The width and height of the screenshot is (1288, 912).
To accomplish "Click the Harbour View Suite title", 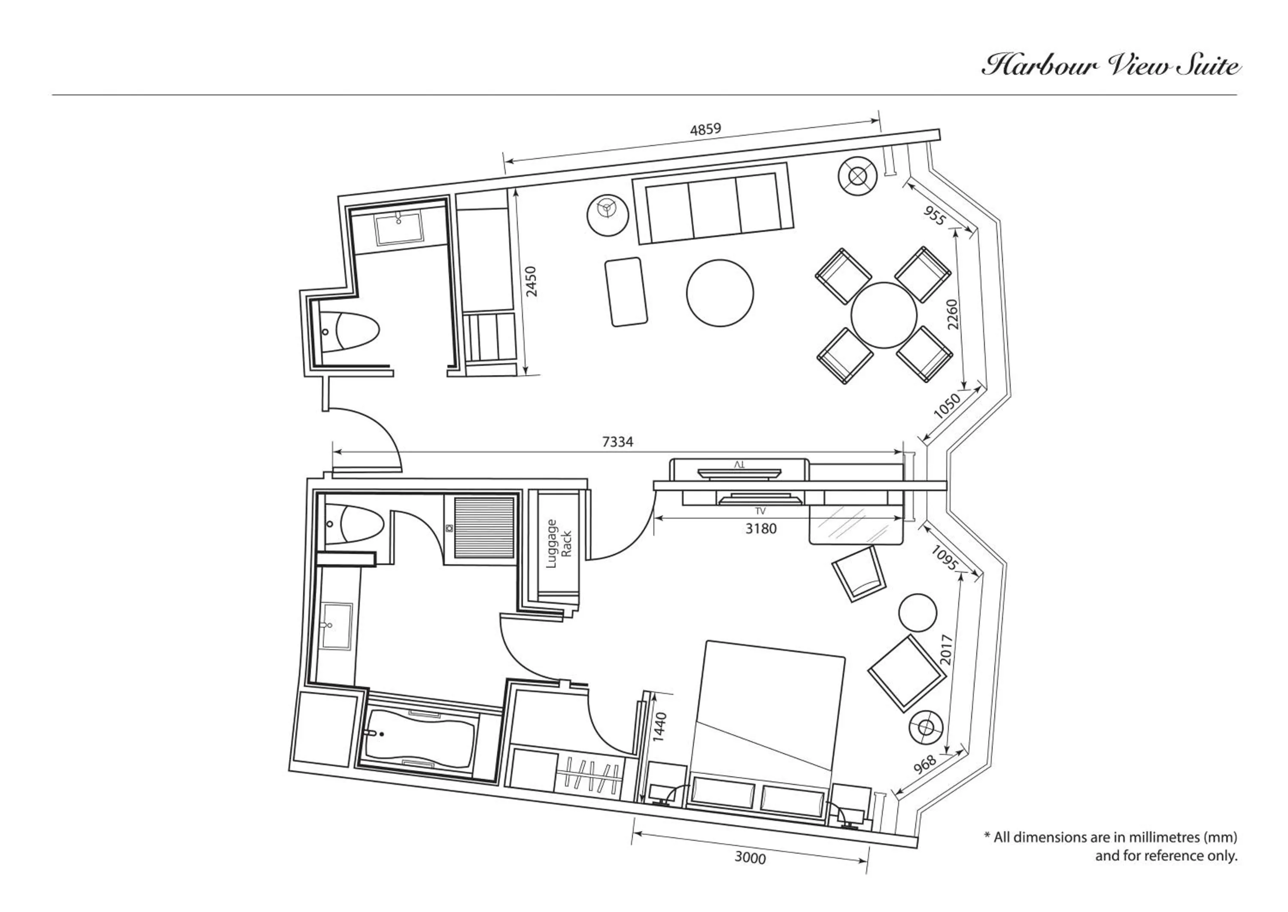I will [1111, 66].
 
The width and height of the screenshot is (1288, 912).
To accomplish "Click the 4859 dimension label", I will [705, 129].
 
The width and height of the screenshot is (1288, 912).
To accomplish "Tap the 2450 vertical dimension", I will [531, 281].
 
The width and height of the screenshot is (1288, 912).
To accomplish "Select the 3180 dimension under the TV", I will [761, 529].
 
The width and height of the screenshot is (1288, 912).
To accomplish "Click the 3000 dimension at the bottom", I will [750, 857].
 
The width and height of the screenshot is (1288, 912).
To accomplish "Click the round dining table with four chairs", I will [883, 315].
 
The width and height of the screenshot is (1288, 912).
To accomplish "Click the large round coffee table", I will [720, 292].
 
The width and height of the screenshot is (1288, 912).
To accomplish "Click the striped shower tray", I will [483, 527].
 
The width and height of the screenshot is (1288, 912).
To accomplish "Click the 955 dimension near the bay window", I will [934, 216].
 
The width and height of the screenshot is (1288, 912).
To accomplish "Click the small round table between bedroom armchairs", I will [917, 613].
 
